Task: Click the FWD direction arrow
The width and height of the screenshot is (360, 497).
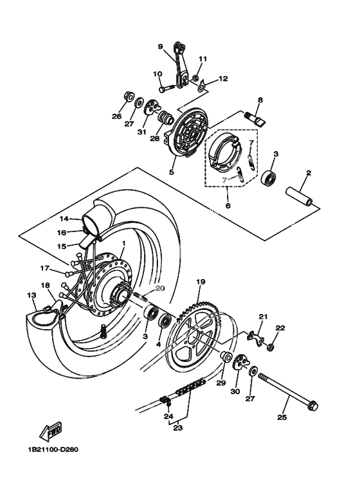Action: (50, 432)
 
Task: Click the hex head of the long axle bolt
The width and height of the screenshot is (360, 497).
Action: (312, 406)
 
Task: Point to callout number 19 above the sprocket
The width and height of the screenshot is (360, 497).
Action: (201, 282)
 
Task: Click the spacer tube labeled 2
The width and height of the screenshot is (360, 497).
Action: (300, 197)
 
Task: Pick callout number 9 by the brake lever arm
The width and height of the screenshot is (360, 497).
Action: (160, 46)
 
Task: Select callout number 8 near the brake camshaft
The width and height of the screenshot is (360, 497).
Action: (260, 100)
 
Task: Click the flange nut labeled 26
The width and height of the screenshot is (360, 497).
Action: (129, 96)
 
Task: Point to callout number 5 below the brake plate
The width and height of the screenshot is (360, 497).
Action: (172, 172)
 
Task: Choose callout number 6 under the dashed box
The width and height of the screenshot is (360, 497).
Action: (228, 205)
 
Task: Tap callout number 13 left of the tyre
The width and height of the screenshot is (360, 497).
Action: (32, 295)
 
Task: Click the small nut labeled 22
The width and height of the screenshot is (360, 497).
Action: (271, 347)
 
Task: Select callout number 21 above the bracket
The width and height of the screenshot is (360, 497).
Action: (264, 316)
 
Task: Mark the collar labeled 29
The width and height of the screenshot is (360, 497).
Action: (226, 357)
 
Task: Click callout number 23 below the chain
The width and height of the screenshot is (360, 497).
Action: (178, 428)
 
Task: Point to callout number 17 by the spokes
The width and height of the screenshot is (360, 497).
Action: (45, 269)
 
